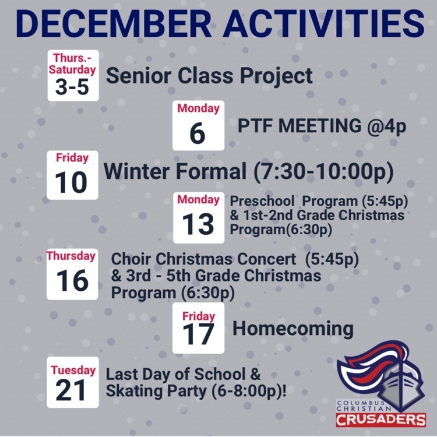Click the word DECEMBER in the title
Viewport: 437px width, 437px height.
tap(114, 23)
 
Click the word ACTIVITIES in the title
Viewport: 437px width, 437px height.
tap(324, 23)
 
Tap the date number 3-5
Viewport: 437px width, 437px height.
tap(72, 87)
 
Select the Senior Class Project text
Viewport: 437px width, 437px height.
tap(209, 76)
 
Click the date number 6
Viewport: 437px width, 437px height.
tap(198, 133)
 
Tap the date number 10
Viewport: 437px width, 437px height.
tap(71, 182)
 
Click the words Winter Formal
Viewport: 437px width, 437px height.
tap(175, 171)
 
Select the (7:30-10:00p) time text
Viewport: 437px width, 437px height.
tap(323, 171)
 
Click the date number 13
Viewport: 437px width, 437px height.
tap(198, 224)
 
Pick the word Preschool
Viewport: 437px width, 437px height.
tap(262, 201)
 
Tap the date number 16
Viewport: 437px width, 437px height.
tap(72, 280)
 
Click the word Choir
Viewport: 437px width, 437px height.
tap(131, 259)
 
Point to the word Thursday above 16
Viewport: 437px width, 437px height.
tap(71, 256)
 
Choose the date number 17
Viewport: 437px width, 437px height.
tap(198, 334)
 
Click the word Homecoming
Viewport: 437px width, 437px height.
tap(293, 329)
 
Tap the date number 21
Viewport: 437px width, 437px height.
tap(71, 390)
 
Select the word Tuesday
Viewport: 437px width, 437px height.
tap(73, 371)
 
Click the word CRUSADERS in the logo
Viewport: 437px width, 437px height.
tap(381, 420)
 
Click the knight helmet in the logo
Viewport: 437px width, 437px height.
tap(401, 387)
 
